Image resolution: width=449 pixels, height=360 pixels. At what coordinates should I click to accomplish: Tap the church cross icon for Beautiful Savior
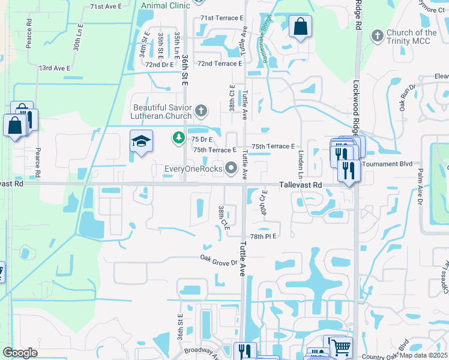point(200,110)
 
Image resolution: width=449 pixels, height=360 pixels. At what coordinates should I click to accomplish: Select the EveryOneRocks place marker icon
point(231,169)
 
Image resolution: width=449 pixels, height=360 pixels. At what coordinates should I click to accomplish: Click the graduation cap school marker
point(141,141)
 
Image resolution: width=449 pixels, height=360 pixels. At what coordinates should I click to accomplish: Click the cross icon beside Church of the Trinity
point(377,36)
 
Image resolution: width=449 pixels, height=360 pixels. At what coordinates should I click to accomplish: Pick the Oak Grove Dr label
point(219,260)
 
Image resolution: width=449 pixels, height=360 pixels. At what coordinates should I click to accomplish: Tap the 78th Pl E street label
point(263,236)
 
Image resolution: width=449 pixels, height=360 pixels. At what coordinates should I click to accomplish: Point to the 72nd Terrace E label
point(219,64)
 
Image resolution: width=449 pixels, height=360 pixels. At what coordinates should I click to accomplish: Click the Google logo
point(20,352)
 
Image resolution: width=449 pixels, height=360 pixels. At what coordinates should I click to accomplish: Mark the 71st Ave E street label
point(106,6)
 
